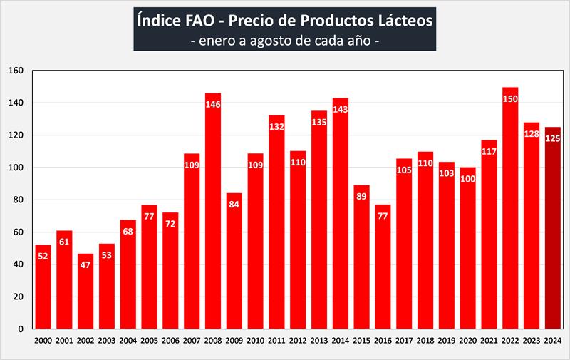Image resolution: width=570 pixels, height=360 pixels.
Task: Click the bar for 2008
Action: (213, 214)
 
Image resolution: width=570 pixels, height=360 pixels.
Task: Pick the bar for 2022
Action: (510, 214)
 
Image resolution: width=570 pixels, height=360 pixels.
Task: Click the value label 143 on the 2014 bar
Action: (341, 111)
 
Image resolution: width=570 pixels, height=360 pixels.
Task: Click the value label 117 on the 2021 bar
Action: (489, 153)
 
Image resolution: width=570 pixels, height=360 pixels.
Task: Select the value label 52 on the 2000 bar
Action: (43, 257)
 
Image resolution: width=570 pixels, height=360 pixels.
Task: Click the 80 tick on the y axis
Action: (19, 200)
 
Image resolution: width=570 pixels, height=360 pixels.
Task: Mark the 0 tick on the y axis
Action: (21, 329)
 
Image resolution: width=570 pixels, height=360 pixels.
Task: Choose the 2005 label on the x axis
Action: (150, 341)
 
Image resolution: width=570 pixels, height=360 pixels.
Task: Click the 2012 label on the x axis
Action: (298, 341)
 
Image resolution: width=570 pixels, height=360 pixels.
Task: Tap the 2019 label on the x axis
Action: (447, 341)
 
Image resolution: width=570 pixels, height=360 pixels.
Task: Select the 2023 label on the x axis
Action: (532, 341)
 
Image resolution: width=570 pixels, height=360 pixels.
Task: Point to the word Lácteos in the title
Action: (404, 21)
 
